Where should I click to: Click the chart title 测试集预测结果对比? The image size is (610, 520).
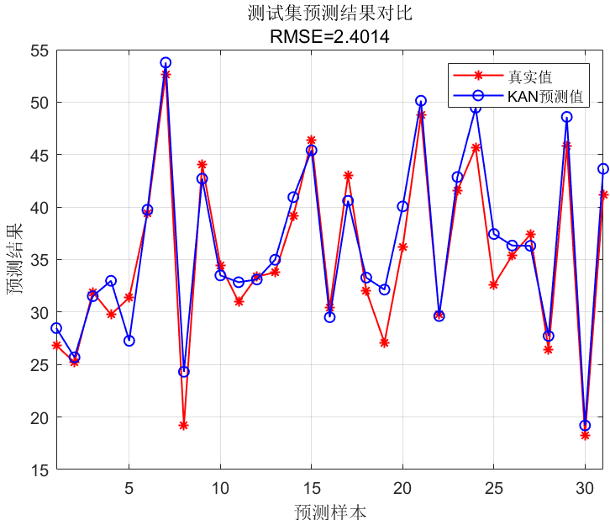(x=329, y=14)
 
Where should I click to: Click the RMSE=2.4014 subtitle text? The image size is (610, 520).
(x=329, y=36)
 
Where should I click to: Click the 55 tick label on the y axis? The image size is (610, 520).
(x=39, y=50)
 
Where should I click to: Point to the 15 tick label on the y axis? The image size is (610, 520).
(x=39, y=470)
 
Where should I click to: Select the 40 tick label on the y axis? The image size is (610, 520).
(x=39, y=208)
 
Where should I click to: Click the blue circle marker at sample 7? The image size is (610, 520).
(x=166, y=62)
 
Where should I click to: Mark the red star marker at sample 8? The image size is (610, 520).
(x=183, y=425)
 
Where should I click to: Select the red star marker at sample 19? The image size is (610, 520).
(x=384, y=342)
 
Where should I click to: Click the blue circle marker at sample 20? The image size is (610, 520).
(x=402, y=206)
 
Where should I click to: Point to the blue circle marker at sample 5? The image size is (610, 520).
(x=129, y=341)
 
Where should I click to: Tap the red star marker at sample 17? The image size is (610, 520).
(x=348, y=175)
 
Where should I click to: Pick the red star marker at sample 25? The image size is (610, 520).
(x=493, y=285)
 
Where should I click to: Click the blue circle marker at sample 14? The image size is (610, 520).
(x=293, y=197)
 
